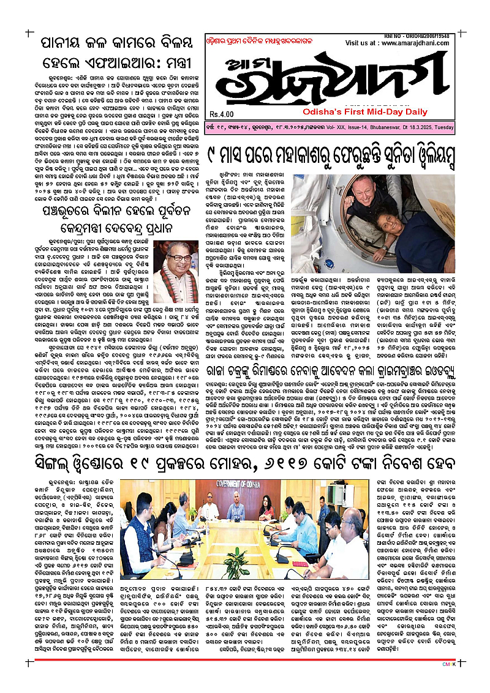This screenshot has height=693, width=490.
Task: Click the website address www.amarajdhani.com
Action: click(423, 44)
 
